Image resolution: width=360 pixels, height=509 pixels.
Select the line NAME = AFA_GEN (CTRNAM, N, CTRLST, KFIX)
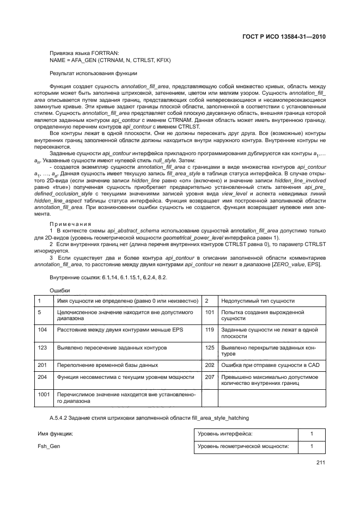[110, 60]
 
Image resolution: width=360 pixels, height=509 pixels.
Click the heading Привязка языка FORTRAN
[82, 53]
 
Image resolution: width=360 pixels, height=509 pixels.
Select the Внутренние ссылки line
[108, 278]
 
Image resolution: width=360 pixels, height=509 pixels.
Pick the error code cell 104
[42, 330]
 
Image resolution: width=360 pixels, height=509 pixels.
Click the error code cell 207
[209, 376]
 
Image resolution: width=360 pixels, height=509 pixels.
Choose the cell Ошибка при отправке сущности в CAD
[270, 364]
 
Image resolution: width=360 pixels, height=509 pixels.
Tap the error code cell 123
[42, 347]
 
